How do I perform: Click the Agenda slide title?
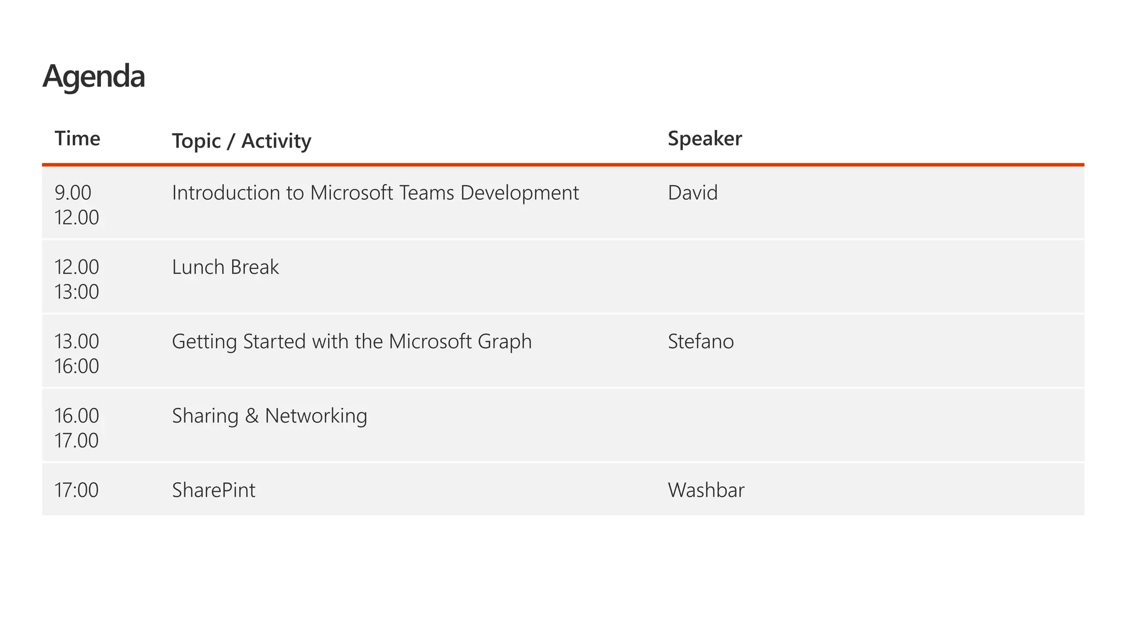pyautogui.click(x=94, y=76)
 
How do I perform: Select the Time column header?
pyautogui.click(x=77, y=138)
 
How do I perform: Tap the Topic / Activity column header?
pyautogui.click(x=241, y=141)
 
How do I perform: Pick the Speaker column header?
pyautogui.click(x=705, y=138)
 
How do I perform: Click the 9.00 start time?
pyautogui.click(x=73, y=193)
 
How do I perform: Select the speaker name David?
pyautogui.click(x=693, y=193)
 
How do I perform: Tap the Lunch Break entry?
pyautogui.click(x=226, y=267)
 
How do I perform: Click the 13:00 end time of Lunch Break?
pyautogui.click(x=77, y=292)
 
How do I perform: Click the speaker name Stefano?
pyautogui.click(x=701, y=342)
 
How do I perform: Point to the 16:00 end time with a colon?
pyautogui.click(x=77, y=366)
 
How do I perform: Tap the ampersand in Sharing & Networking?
pyautogui.click(x=252, y=416)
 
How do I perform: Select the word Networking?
pyautogui.click(x=316, y=416)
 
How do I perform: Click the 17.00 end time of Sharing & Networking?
pyautogui.click(x=77, y=441)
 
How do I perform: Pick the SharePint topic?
pyautogui.click(x=213, y=490)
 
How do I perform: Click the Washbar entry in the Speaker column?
pyautogui.click(x=706, y=490)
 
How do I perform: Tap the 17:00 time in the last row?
pyautogui.click(x=77, y=490)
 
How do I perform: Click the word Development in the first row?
pyautogui.click(x=520, y=193)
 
